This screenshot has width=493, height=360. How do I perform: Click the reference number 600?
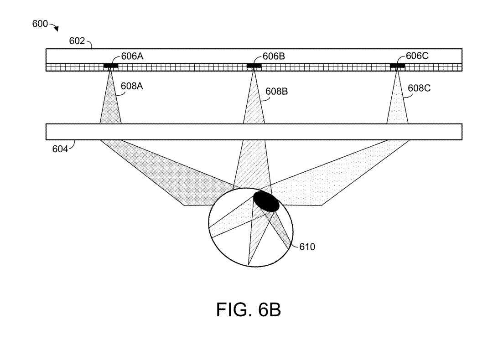click(40, 24)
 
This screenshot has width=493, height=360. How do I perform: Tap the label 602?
click(77, 41)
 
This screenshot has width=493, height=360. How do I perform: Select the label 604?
click(59, 149)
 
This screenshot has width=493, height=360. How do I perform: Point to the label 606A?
click(132, 57)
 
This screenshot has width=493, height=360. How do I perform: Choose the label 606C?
click(417, 56)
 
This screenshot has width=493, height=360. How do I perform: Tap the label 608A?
click(132, 86)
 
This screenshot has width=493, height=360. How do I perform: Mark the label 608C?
click(419, 88)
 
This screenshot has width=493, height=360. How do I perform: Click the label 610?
click(307, 247)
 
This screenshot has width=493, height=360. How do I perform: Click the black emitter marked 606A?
click(111, 66)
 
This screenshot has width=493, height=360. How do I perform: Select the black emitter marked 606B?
click(254, 66)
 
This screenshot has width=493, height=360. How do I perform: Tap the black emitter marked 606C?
click(397, 66)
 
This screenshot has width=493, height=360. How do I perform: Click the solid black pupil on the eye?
click(266, 201)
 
